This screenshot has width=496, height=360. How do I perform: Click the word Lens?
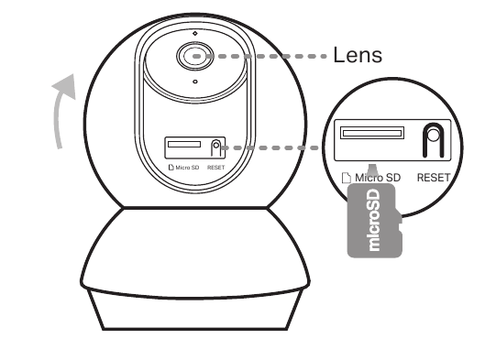pyautogui.click(x=358, y=56)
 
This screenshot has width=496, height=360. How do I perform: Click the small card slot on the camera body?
pyautogui.click(x=184, y=145)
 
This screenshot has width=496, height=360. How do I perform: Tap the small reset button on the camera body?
pyautogui.click(x=216, y=147)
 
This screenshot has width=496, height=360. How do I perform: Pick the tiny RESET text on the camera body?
pyautogui.click(x=216, y=168)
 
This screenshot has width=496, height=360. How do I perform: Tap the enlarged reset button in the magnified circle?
pyautogui.click(x=432, y=138)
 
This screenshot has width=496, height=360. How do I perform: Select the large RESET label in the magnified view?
pyautogui.click(x=435, y=176)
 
